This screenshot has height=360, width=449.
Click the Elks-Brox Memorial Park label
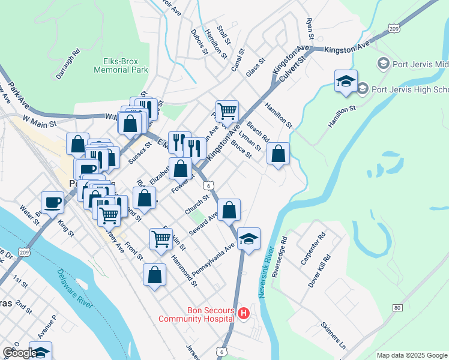pos(121,65)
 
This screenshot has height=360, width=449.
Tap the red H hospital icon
pos(244,313)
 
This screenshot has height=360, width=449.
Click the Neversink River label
pos(268,267)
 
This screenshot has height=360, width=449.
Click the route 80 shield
pos(397,308)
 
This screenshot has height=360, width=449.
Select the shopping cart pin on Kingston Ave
pos(227,111)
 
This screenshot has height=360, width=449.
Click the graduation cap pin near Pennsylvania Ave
pos(249,239)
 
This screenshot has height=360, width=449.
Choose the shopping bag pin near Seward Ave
pos(229,210)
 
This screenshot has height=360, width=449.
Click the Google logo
pos(19,353)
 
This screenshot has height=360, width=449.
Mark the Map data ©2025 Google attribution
pos(411,355)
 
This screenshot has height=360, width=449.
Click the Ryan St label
pos(310,29)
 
